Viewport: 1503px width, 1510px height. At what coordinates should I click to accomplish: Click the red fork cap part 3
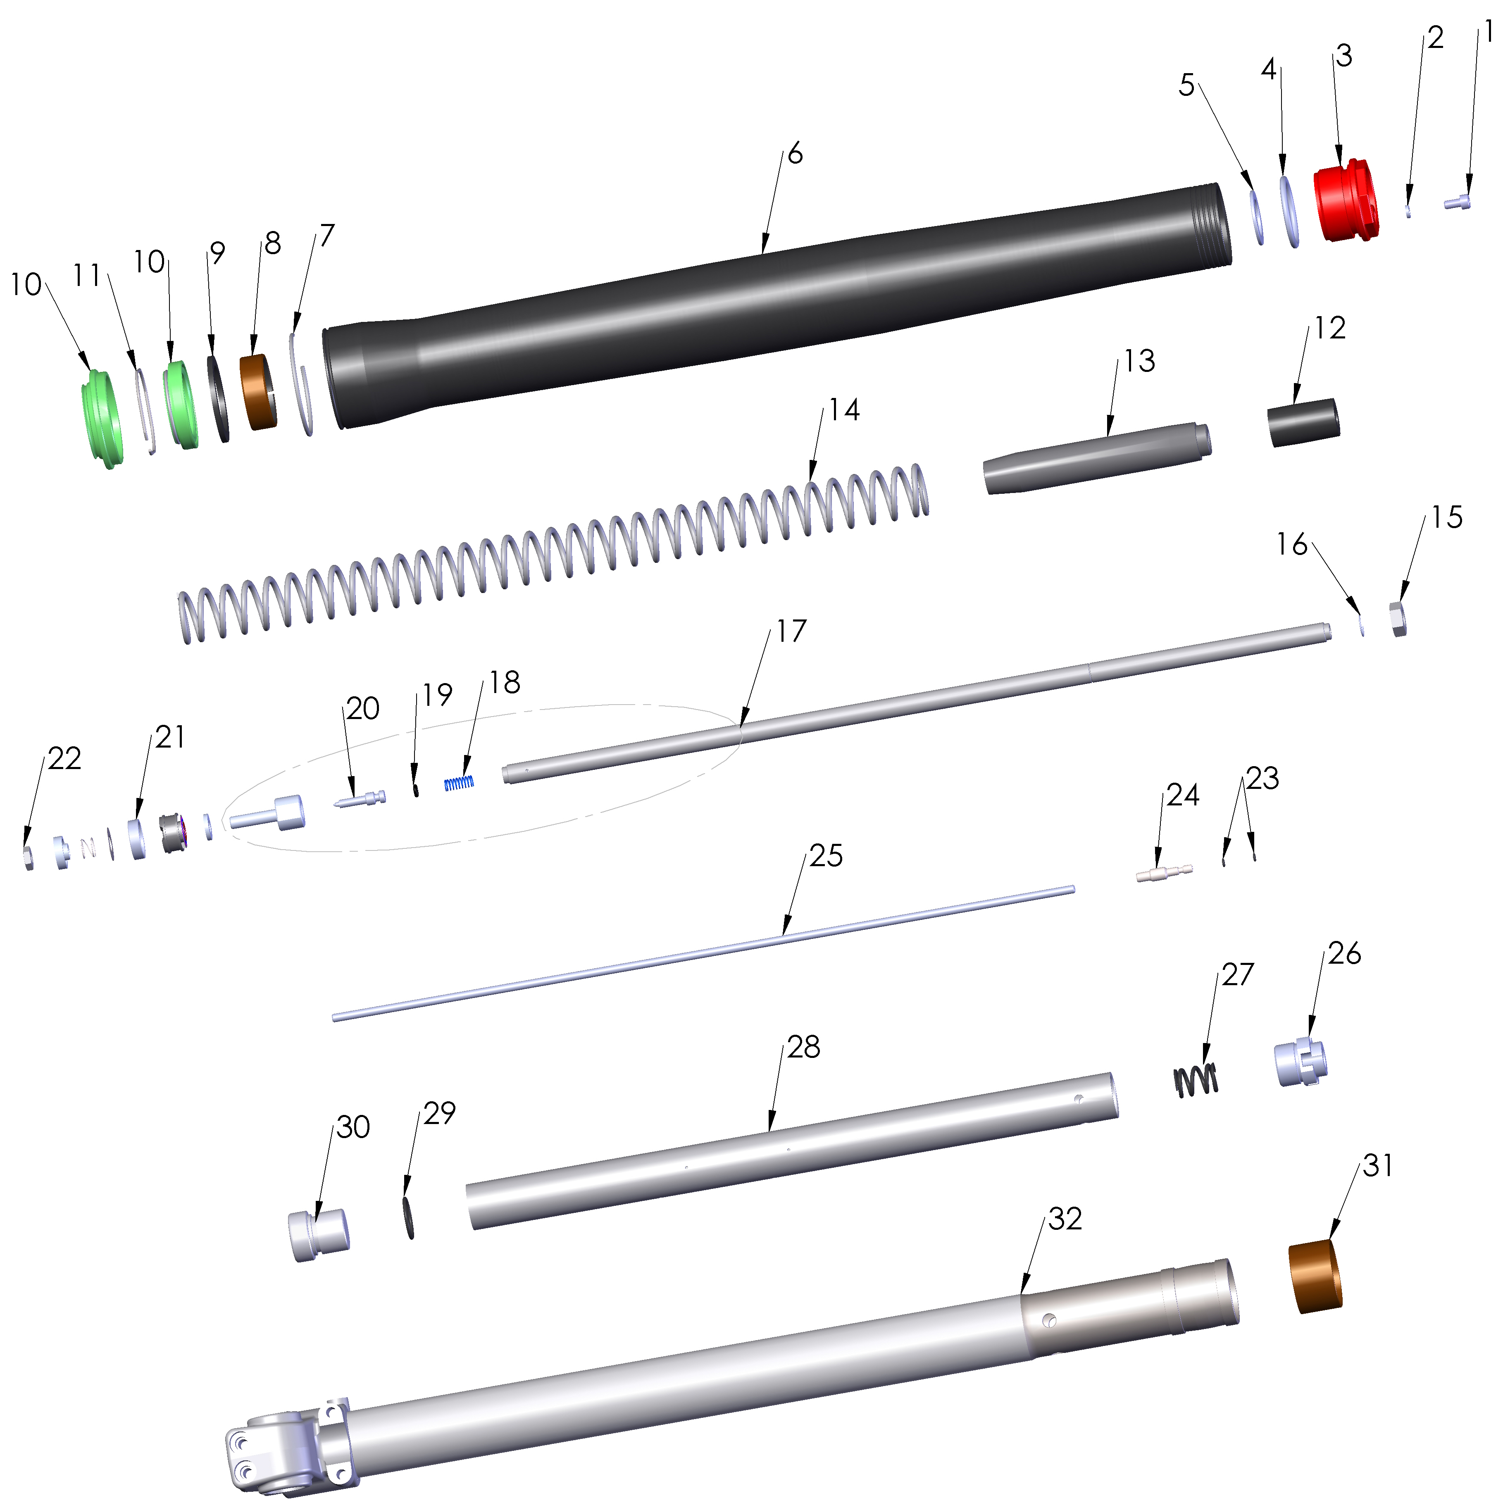[x=1346, y=202]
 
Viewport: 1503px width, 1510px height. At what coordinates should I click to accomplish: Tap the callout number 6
[x=795, y=154]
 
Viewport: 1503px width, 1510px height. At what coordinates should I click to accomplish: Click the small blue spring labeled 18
[x=460, y=782]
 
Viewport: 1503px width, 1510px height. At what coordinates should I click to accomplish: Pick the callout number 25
[x=825, y=856]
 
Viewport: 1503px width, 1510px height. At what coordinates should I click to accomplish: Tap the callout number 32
[x=1065, y=1219]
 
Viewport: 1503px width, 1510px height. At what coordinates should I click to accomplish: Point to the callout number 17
[x=791, y=631]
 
